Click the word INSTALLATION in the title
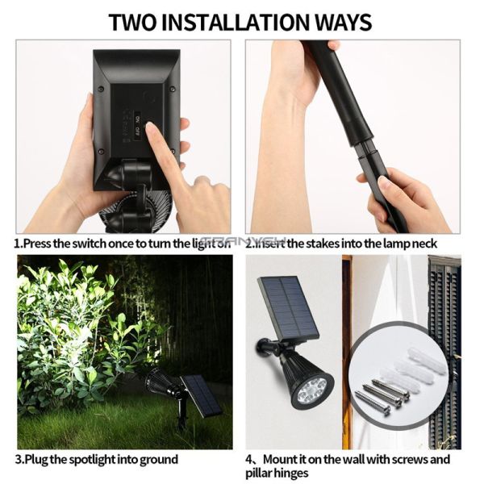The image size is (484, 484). (x=241, y=21)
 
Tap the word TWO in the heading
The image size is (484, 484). (x=135, y=21)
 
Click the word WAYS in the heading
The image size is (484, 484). (x=342, y=21)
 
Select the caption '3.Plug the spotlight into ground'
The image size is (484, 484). (x=97, y=459)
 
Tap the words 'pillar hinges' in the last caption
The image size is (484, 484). (x=278, y=473)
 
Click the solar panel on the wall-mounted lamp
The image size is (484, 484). (x=288, y=307)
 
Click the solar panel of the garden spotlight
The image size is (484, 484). (x=201, y=395)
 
